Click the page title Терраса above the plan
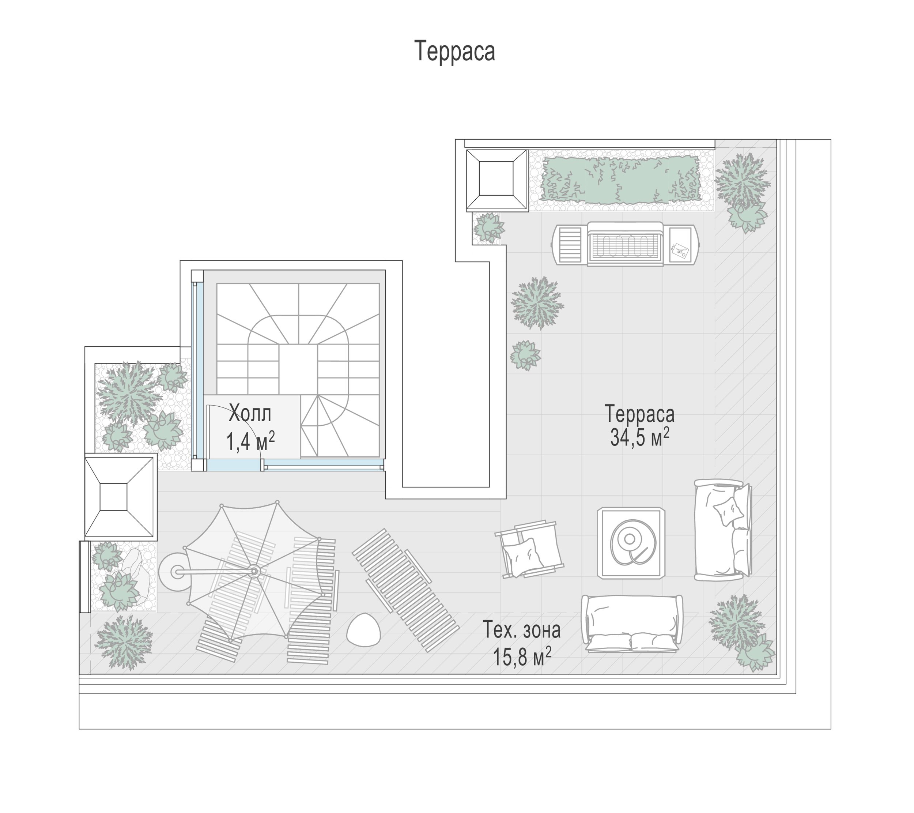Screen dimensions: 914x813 coord(455,51)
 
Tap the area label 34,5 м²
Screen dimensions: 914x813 coord(639,437)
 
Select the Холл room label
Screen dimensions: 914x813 coord(250,414)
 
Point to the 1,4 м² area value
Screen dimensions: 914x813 coord(250,441)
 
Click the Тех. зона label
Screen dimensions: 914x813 coord(521,630)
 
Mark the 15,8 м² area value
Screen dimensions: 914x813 coord(522,656)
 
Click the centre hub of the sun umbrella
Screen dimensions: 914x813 coord(254,571)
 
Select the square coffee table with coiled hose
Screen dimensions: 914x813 coord(631,542)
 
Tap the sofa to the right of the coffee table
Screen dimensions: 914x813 coord(723,530)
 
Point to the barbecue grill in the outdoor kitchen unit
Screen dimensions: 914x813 coord(625,243)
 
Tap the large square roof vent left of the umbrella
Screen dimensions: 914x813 coord(120,497)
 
